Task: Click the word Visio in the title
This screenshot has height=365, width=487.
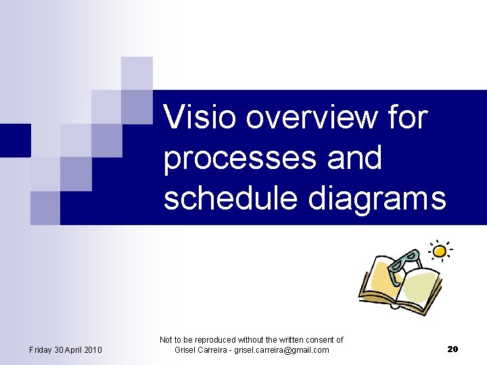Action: (201, 118)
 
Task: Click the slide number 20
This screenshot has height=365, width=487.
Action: (453, 349)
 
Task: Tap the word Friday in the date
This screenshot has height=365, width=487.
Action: (41, 349)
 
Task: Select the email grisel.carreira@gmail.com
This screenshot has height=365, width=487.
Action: (281, 350)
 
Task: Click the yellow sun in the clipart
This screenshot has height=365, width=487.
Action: (440, 251)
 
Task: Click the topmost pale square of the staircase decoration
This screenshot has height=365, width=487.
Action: (137, 72)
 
